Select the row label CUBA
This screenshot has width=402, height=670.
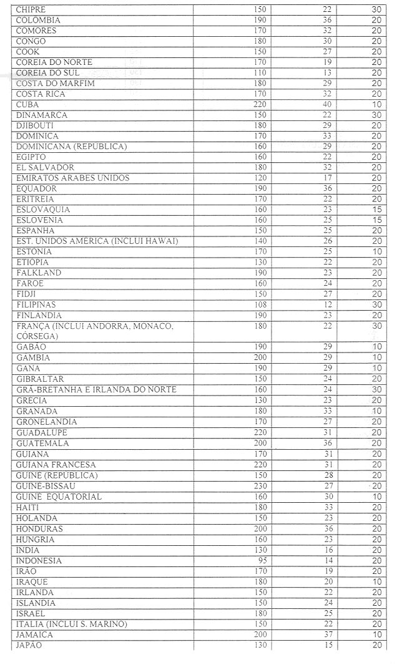(27, 105)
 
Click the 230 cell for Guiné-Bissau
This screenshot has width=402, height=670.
(260, 486)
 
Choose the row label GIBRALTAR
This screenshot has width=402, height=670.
(40, 379)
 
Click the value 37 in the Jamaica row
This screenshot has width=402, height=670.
(328, 634)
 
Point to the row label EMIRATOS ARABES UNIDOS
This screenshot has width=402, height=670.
(73, 178)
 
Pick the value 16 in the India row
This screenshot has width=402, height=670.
(328, 550)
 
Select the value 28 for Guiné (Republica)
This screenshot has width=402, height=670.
(328, 475)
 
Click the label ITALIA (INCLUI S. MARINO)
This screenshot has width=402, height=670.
(72, 624)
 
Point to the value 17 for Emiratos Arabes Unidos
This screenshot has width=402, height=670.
(328, 178)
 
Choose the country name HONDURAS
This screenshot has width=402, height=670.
(39, 529)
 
